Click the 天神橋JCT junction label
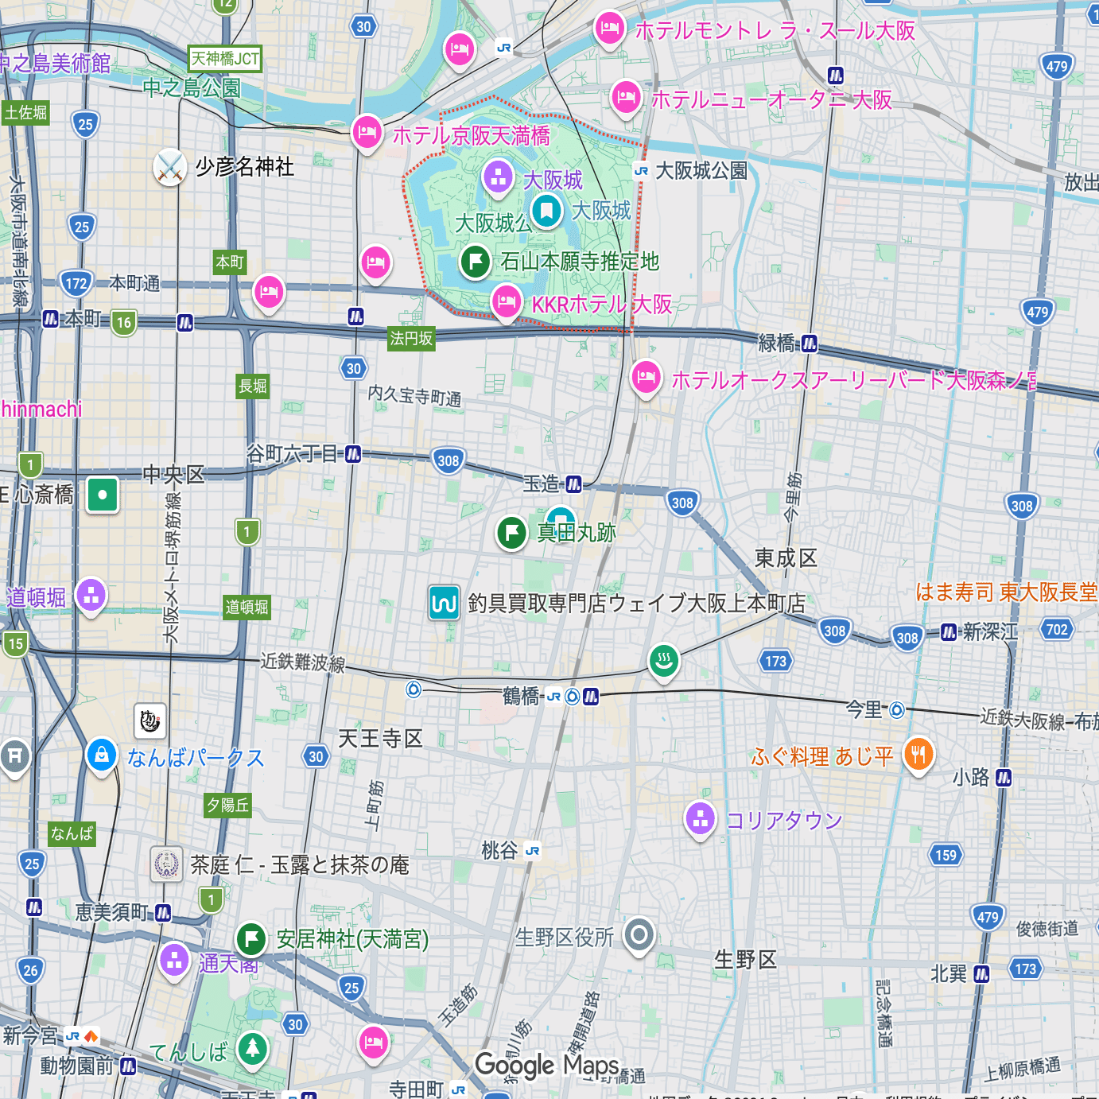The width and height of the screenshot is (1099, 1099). point(225,59)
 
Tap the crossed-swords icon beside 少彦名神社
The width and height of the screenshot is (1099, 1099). point(170,167)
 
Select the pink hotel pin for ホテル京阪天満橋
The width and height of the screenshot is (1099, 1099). point(367,132)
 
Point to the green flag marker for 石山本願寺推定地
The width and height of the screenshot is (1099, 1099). point(476,261)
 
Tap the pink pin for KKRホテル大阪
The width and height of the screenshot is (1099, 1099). point(507,302)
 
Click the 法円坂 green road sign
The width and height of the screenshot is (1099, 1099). point(411,339)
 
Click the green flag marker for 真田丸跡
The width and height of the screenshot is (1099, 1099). point(512,532)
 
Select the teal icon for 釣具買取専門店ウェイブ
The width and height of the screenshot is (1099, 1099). point(444,603)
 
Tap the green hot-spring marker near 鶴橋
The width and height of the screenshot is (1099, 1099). point(664,660)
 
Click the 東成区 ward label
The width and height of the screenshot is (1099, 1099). point(786,558)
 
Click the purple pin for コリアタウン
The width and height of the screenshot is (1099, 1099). point(701,818)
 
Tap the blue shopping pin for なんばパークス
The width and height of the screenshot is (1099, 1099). point(102,755)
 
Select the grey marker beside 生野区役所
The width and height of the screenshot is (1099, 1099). point(639,934)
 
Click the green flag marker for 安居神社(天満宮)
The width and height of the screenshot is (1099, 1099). point(251,938)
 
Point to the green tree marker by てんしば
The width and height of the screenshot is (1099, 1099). point(253,1048)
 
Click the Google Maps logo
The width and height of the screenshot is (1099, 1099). point(547,1066)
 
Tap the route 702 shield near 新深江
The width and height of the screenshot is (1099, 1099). point(1057,630)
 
